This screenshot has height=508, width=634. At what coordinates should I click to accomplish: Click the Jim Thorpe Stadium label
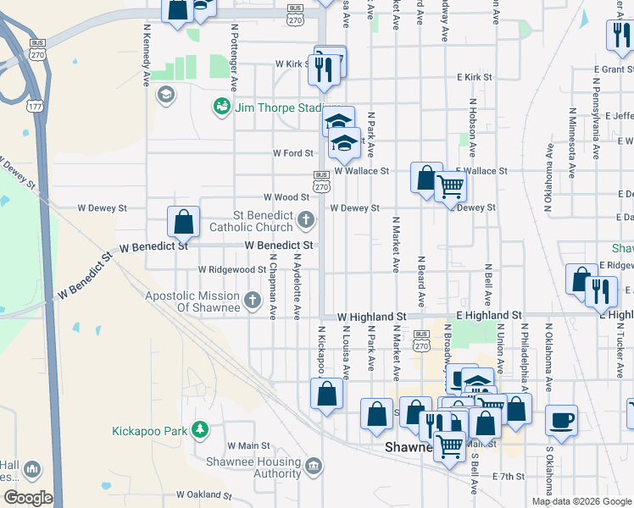pos(281,107)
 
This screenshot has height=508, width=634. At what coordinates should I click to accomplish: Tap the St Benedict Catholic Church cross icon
pos(306,221)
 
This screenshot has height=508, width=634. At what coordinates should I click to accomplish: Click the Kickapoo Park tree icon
pos(200,430)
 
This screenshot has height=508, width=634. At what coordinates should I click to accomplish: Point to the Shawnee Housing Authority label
pos(254,467)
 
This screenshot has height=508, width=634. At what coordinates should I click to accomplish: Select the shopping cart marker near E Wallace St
pos(451,185)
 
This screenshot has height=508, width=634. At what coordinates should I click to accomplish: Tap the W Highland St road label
pos(371,315)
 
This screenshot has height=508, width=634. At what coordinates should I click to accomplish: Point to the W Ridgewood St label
pos(232,269)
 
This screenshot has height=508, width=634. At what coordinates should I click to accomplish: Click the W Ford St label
pos(292,153)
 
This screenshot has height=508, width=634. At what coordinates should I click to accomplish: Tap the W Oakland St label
pos(203,494)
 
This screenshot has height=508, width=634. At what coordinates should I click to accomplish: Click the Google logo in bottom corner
pos(28,498)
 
